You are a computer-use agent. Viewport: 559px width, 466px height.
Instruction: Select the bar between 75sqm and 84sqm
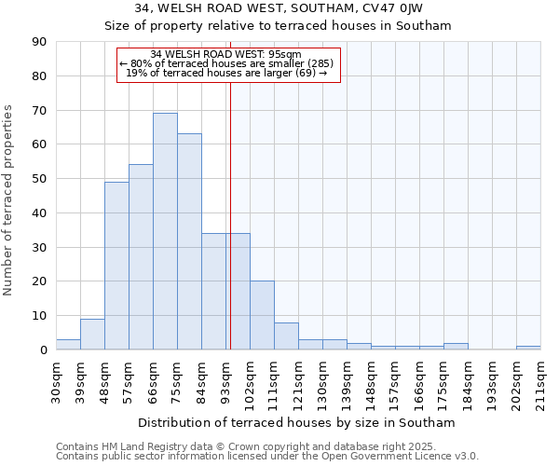tap(189, 241)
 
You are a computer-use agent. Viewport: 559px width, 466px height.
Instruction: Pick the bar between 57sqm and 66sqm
tap(141, 257)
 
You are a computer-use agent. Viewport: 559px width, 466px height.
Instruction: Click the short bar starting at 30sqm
tap(68, 345)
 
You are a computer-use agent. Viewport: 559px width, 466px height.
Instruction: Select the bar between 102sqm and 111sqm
tap(262, 315)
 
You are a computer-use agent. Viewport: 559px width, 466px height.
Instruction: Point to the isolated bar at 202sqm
tap(528, 348)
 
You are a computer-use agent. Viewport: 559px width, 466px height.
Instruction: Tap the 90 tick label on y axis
tap(39, 42)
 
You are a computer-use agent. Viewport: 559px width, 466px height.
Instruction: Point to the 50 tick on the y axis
tap(39, 179)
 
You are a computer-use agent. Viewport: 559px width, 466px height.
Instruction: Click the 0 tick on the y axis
tap(43, 349)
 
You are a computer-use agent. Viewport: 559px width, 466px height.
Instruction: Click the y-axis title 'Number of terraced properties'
tap(9, 200)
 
